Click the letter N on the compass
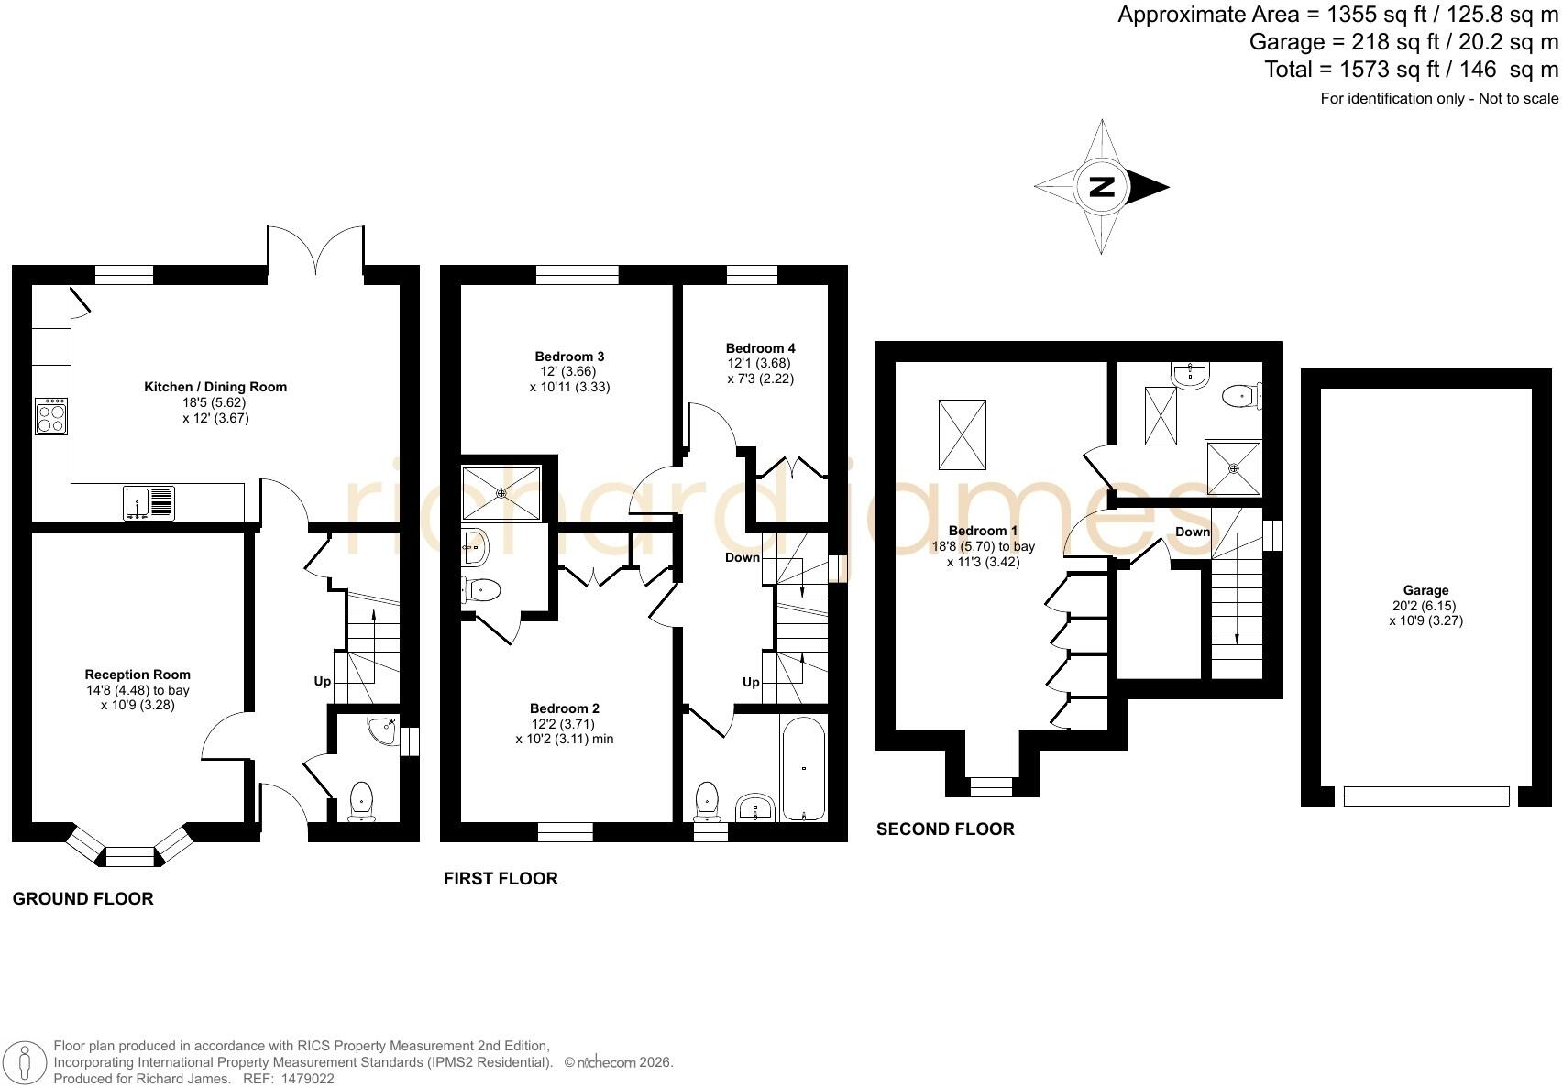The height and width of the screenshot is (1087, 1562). [1102, 187]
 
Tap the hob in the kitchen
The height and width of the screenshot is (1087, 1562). [51, 416]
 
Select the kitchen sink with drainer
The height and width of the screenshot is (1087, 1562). [149, 502]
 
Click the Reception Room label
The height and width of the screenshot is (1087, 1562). [137, 675]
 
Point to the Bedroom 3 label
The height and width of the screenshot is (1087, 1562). [570, 357]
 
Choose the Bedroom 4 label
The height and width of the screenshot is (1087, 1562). [760, 348]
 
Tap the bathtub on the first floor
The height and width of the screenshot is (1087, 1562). [803, 768]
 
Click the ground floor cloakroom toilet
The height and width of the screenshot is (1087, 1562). [361, 801]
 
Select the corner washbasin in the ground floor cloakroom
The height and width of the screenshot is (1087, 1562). [384, 730]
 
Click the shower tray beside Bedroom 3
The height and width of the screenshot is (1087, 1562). [501, 493]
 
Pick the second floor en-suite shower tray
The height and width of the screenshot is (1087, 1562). [1233, 467]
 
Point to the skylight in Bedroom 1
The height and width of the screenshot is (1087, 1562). [962, 434]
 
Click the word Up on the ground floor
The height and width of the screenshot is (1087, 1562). [322, 681]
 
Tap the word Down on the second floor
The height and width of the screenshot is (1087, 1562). [1193, 532]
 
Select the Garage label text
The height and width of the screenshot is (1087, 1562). [1426, 590]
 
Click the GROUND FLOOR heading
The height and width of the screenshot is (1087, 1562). [83, 899]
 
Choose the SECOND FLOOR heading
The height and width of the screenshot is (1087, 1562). [946, 829]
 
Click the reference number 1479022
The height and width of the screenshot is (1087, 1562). [307, 1079]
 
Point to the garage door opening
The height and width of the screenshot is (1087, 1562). [1426, 796]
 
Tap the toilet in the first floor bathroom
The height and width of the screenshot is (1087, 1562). [707, 801]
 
